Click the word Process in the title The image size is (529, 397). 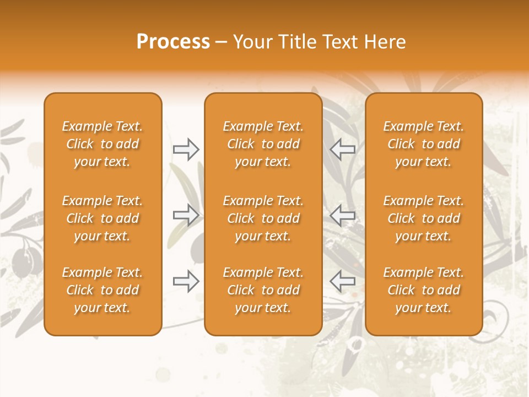[x=173, y=42]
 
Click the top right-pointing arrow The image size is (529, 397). [x=186, y=149]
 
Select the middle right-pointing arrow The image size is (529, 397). [x=186, y=215]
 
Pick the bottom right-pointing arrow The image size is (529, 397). [x=186, y=281]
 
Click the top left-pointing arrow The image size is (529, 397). [x=342, y=149]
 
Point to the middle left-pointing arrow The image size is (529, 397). [x=342, y=215]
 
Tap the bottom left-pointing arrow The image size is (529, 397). [x=342, y=281]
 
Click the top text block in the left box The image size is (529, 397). [x=102, y=144]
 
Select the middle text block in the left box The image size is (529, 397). [x=102, y=218]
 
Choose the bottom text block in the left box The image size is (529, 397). [x=102, y=290]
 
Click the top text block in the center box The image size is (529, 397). [x=263, y=144]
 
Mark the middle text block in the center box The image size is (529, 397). [x=263, y=218]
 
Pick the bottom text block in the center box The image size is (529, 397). [x=263, y=290]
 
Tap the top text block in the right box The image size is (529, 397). [x=424, y=144]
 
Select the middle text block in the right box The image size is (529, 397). [x=424, y=218]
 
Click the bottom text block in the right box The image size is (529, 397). [x=424, y=290]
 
